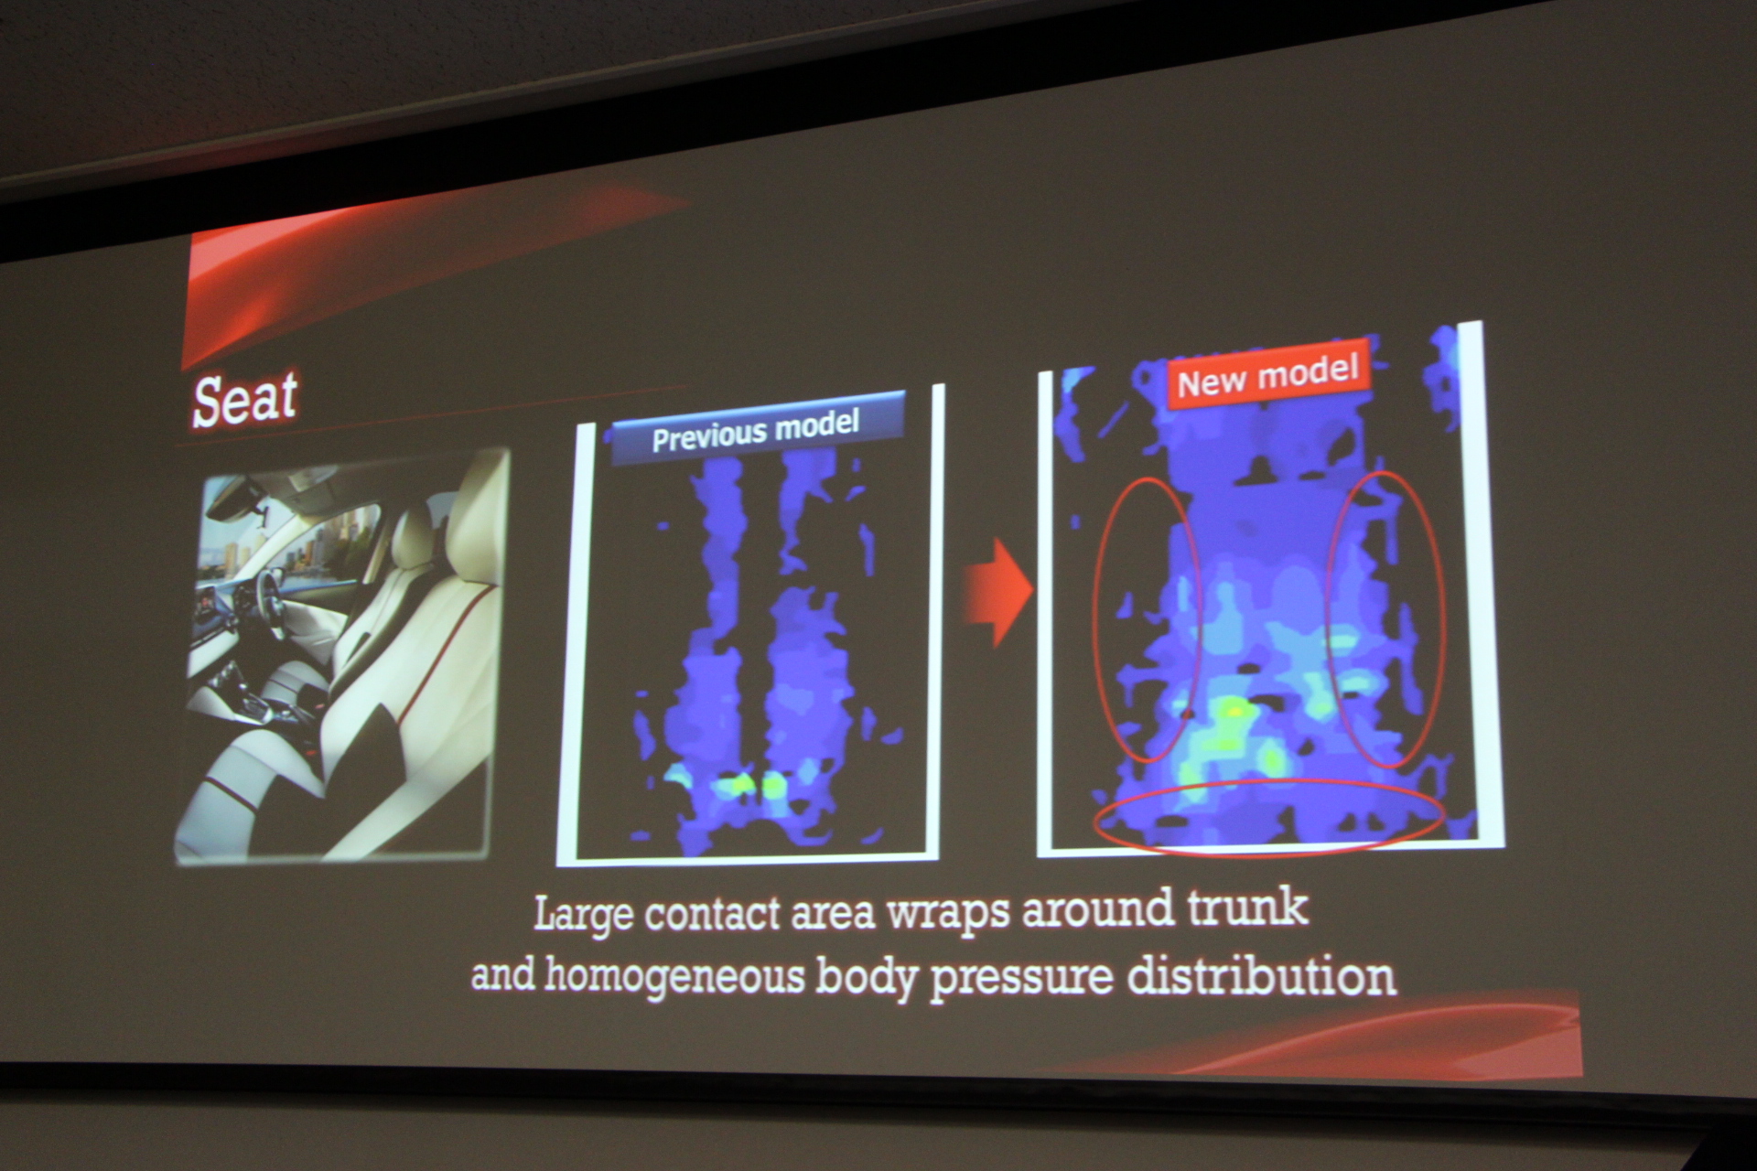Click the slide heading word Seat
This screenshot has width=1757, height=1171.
245,399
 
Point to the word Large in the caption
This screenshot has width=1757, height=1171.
583,914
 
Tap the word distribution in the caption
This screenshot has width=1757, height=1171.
1262,975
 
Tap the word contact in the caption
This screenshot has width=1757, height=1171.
713,914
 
